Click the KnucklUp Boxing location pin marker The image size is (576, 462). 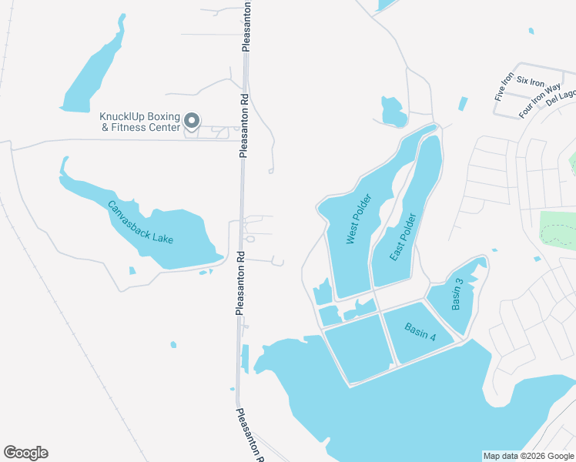click(x=193, y=121)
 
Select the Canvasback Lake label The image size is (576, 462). click(x=140, y=223)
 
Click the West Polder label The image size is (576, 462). click(x=359, y=220)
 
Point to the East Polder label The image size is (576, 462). click(x=403, y=238)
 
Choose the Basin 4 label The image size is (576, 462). click(x=420, y=332)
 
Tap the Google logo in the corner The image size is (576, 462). click(x=25, y=453)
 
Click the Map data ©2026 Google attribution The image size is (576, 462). click(x=529, y=456)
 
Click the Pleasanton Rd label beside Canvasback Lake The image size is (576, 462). click(x=239, y=284)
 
